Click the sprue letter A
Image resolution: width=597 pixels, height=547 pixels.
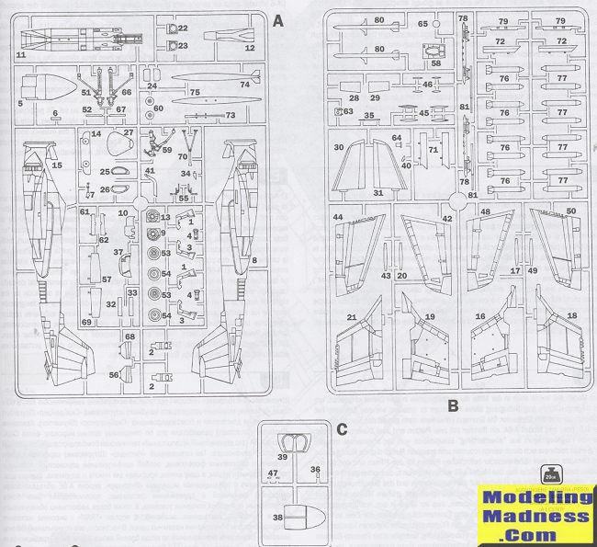point(279,18)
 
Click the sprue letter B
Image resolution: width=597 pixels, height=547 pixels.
point(452,404)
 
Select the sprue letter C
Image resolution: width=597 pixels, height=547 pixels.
point(342,429)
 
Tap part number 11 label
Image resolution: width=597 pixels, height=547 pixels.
point(21,56)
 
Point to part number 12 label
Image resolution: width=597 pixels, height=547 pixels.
point(249,47)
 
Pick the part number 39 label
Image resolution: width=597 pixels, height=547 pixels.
point(282,457)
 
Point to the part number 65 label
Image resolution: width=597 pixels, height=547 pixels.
point(423,24)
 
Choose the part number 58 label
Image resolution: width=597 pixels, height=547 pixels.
point(435,63)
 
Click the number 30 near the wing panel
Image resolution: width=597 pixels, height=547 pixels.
point(339,147)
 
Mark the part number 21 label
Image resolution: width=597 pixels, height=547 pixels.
point(351,317)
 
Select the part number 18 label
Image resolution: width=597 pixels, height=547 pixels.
point(572,315)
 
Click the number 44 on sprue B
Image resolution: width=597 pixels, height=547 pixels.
point(338,217)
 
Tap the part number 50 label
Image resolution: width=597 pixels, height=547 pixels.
point(570,211)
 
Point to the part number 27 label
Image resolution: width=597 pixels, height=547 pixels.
point(129,132)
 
